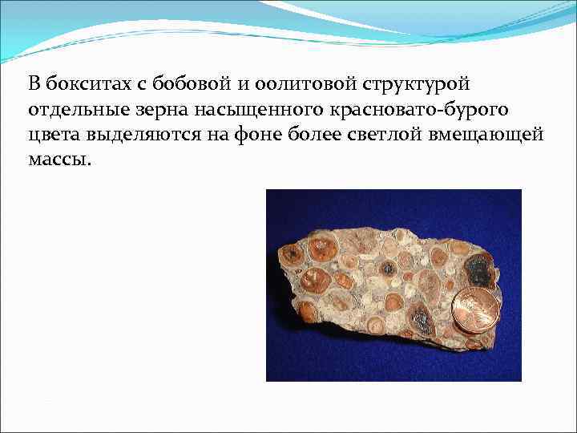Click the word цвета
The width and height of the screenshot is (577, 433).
(x=50, y=134)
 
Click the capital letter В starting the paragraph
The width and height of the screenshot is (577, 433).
(x=34, y=83)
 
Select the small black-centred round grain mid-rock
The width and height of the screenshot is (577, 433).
(x=388, y=268)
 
